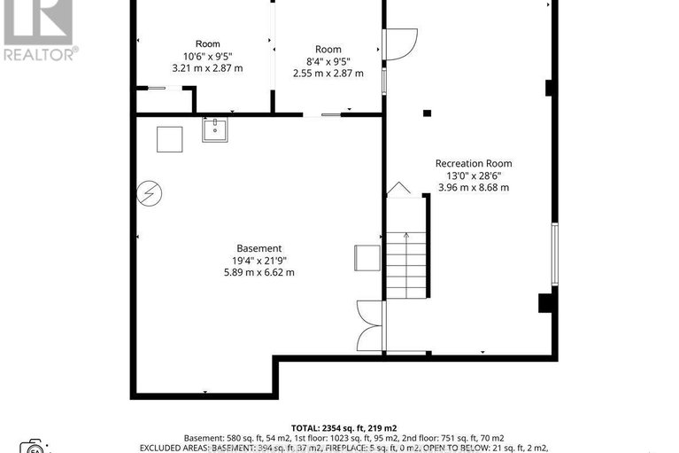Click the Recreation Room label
[473, 163]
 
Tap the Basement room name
[259, 248]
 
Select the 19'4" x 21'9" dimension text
[259, 261]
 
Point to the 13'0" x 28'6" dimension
[473, 176]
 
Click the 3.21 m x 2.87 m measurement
[208, 68]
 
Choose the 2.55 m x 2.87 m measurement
[328, 74]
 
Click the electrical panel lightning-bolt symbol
[149, 192]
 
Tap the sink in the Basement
[214, 130]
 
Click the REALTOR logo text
[40, 53]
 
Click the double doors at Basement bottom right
[369, 326]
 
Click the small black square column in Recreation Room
[427, 113]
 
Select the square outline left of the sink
[169, 139]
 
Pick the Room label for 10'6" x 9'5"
[208, 43]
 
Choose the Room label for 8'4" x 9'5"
[328, 50]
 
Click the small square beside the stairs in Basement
[367, 258]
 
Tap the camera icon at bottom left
[31, 445]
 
